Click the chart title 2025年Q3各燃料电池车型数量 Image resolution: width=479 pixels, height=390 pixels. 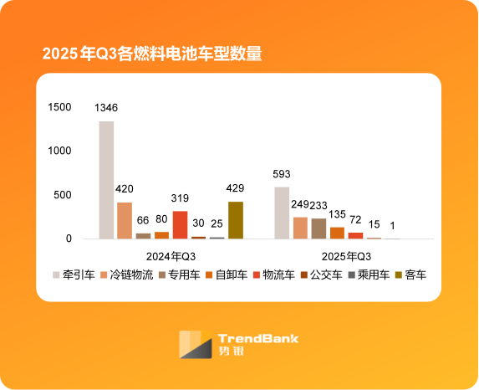tap(152, 54)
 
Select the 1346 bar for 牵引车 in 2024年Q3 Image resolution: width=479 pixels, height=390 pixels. tap(106, 180)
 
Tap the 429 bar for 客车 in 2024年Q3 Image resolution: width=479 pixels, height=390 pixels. tap(236, 220)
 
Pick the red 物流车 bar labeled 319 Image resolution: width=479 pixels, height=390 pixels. tap(180, 224)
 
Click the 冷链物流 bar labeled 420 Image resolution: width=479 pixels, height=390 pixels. tap(125, 220)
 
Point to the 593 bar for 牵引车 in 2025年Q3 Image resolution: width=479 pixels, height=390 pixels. tap(282, 213)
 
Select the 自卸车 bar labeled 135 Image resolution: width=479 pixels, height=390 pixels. tap(337, 233)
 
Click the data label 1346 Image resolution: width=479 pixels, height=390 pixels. tap(106, 108)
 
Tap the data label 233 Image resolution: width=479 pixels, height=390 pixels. tap(318, 205)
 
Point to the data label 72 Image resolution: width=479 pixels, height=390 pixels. tap(355, 219)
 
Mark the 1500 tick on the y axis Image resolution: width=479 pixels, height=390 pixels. tap(60, 107)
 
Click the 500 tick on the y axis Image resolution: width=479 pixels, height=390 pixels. tap(64, 195)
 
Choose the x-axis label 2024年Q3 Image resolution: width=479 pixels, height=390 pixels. tap(171, 254)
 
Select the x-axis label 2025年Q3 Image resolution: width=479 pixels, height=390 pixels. tap(346, 254)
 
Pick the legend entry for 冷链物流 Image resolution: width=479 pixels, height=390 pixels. tap(127, 275)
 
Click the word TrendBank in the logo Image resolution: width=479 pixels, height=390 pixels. tap(257, 339)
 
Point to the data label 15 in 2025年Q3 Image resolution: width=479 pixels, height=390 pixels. tap(374, 224)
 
